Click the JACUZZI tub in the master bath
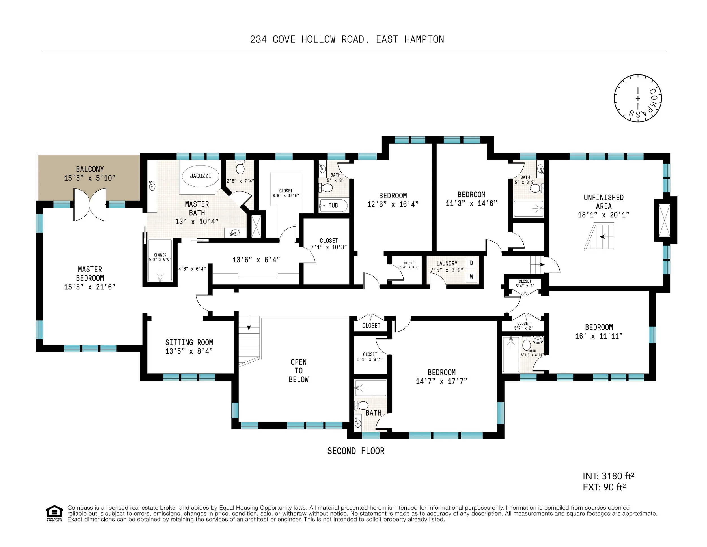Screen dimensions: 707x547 point(201,176)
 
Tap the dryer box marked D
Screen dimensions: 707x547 point(471,263)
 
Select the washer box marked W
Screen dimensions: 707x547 point(471,277)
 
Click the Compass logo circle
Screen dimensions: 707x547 point(638,98)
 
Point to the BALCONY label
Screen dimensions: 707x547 point(90,169)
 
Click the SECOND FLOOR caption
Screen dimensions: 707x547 point(356,451)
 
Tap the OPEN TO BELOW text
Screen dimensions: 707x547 point(298,371)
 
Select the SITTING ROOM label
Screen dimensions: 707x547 point(189,342)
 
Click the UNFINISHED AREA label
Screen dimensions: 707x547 point(604,202)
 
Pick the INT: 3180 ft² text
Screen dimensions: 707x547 point(609,476)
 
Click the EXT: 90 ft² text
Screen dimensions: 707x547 point(604,487)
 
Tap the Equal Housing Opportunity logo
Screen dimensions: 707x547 point(54,513)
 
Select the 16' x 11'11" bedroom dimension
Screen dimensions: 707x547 point(599,336)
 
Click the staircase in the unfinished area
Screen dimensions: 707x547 point(599,237)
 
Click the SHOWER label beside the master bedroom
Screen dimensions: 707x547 point(160,255)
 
